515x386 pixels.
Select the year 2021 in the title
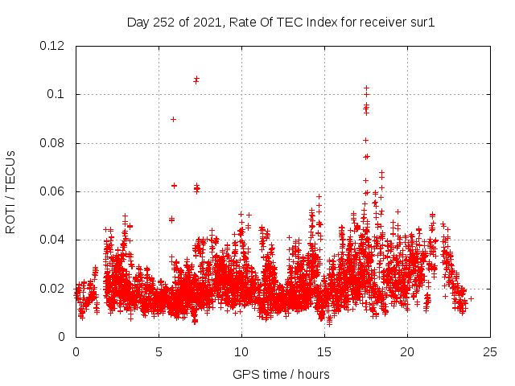click(205, 23)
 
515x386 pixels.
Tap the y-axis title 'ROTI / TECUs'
click(10, 192)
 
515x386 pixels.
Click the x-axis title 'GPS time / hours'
click(281, 374)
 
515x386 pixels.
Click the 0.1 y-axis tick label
click(58, 94)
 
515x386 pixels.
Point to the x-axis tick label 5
click(159, 351)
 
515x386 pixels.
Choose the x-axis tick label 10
click(241, 351)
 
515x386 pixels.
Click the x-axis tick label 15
click(324, 351)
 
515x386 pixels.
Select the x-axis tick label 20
click(407, 351)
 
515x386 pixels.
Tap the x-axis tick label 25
click(490, 351)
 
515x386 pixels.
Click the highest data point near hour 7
click(196, 78)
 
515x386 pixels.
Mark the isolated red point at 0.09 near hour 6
click(173, 119)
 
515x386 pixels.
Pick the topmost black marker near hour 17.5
click(366, 88)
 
